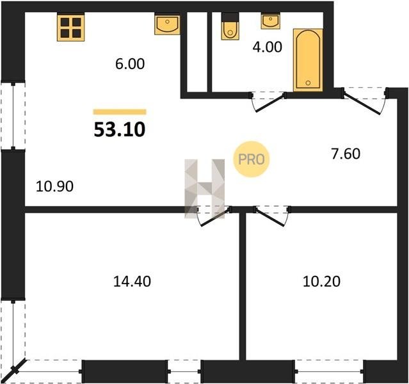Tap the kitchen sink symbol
(167, 25)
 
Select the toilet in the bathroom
(230, 26)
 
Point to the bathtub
(308, 60)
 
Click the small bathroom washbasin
(271, 20)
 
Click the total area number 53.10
(120, 130)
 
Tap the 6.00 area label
(130, 64)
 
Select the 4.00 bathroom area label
(268, 47)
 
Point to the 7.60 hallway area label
(346, 154)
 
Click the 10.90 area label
(54, 187)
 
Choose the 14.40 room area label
(132, 282)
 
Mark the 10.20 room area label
(321, 282)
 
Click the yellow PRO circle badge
(252, 159)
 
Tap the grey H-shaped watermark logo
(205, 189)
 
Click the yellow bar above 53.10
(120, 112)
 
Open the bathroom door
(268, 102)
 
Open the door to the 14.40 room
(213, 216)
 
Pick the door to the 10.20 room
(272, 216)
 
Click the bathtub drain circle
(309, 83)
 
